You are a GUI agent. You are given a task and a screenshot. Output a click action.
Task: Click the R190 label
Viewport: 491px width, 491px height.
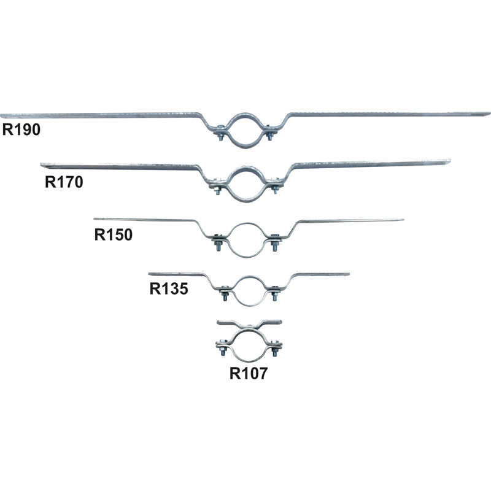click(21, 130)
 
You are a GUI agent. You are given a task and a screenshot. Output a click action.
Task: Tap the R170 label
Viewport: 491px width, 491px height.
click(64, 182)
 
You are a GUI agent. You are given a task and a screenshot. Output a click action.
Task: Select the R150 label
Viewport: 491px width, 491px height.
click(114, 234)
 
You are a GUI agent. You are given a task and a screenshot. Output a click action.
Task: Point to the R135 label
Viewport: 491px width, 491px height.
click(169, 288)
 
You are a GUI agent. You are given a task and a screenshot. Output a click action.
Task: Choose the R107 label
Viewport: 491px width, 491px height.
click(249, 373)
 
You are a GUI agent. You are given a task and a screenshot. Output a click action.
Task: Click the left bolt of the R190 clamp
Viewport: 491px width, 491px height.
click(220, 133)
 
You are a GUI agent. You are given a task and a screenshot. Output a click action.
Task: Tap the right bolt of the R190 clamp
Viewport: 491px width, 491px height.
click(269, 133)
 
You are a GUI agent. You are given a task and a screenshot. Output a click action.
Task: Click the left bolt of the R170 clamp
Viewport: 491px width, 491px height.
click(218, 186)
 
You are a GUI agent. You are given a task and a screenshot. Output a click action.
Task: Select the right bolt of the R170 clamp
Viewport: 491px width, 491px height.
click(275, 186)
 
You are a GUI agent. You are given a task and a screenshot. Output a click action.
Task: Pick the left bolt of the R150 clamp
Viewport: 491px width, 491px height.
click(218, 242)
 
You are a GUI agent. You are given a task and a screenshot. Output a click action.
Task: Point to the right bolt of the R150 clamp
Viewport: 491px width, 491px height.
click(274, 242)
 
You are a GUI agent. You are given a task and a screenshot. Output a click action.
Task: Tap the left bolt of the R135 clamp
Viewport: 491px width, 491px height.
click(225, 293)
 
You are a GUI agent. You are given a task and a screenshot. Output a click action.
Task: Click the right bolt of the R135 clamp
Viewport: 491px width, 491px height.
click(274, 293)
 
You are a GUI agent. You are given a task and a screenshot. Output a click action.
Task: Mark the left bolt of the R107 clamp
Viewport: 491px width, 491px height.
click(222, 347)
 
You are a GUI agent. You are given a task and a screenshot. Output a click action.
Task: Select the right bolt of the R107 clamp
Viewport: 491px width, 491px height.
click(275, 347)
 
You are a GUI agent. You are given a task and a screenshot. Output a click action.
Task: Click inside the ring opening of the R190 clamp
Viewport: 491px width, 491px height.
click(244, 131)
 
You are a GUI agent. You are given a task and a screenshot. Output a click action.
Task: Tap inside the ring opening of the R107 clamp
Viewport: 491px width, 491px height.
click(249, 346)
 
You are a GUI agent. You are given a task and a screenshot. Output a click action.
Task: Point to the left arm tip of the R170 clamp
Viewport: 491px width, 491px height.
click(41, 164)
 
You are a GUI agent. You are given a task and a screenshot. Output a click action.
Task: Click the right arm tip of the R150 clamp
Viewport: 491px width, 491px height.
click(403, 220)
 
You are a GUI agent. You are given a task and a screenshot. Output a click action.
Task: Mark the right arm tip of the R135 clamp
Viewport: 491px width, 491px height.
click(349, 274)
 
